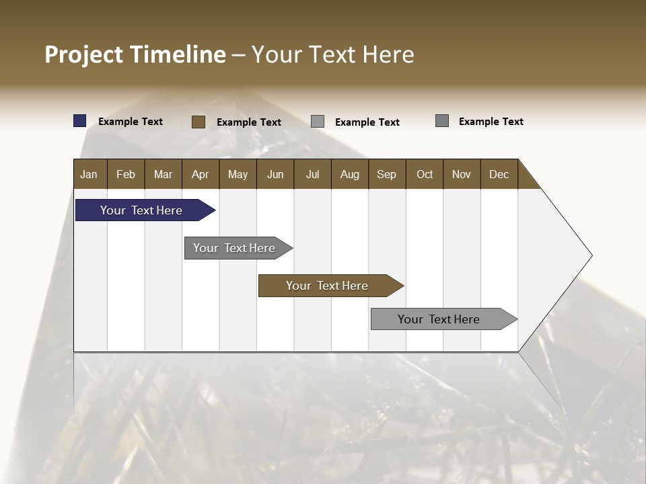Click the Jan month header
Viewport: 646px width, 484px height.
[x=89, y=174]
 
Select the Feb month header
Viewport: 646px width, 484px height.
[x=126, y=174]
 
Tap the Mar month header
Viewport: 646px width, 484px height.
[x=163, y=174]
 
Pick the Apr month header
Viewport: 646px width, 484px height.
[x=201, y=174]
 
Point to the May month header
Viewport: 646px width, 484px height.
[x=238, y=174]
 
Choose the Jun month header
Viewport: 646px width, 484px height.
[x=275, y=174]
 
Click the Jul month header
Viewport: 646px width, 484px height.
[x=312, y=174]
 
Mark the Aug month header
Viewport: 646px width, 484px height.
[x=350, y=174]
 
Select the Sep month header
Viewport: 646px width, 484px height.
[x=387, y=174]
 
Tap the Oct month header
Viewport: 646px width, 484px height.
[x=425, y=174]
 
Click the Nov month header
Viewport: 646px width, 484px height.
[x=462, y=174]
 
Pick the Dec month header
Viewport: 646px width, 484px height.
[x=499, y=174]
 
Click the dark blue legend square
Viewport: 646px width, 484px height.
[x=80, y=121]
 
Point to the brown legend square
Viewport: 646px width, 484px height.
[x=198, y=122]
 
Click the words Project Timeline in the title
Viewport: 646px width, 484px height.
[x=135, y=54]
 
